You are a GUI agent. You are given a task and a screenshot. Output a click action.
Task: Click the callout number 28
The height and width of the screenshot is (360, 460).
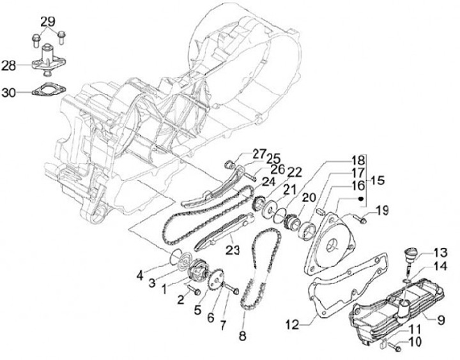pyautogui.click(x=9, y=66)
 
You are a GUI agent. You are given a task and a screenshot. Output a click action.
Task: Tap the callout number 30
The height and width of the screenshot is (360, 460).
pyautogui.click(x=9, y=93)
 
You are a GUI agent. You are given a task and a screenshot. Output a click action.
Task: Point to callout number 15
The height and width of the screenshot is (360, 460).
pyautogui.click(x=378, y=181)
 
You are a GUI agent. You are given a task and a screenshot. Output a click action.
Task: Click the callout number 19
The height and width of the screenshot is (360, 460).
pyautogui.click(x=381, y=211)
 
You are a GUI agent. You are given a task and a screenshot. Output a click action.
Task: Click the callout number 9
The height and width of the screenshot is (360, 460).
pyautogui.click(x=440, y=317)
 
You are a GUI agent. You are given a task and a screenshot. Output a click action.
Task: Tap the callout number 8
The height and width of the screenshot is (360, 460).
pyautogui.click(x=242, y=334)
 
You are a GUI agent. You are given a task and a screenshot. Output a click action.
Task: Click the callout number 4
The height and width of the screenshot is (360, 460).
pyautogui.click(x=140, y=276)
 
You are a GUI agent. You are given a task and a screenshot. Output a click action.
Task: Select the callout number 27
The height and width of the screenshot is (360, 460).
pyautogui.click(x=240, y=153)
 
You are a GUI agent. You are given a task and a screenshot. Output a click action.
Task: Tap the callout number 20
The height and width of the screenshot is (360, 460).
pyautogui.click(x=309, y=199)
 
